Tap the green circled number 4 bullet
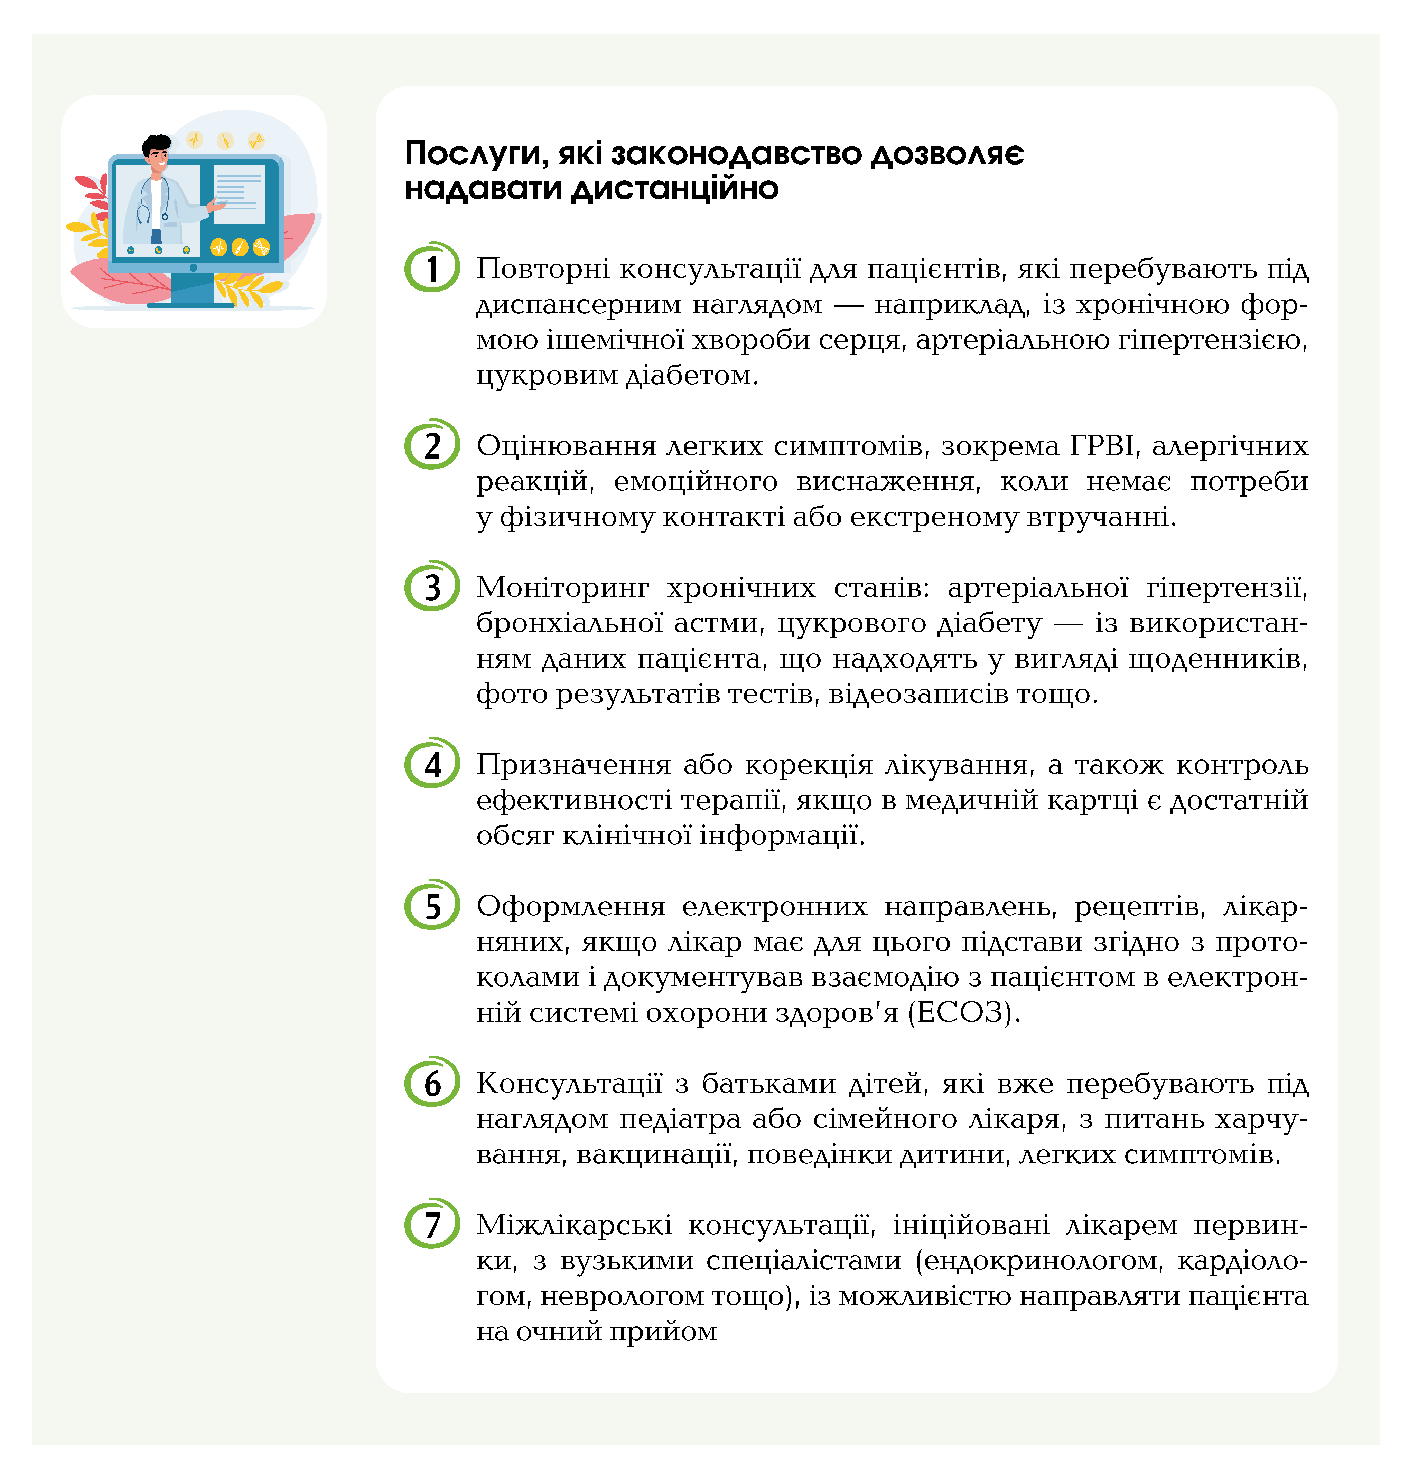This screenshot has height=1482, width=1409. (x=432, y=764)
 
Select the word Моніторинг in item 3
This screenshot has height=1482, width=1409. (x=562, y=587)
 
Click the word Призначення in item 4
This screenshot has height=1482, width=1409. (x=573, y=764)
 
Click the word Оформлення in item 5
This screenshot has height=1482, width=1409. (x=571, y=906)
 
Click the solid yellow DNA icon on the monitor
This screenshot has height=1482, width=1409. (x=261, y=247)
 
